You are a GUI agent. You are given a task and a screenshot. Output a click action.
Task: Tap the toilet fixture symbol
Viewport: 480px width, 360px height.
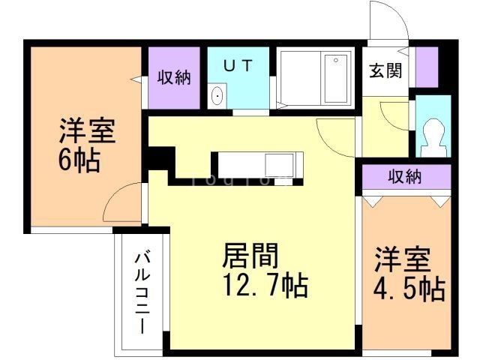[432, 135]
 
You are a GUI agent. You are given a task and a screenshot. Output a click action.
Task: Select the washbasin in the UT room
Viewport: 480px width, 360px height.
[217, 95]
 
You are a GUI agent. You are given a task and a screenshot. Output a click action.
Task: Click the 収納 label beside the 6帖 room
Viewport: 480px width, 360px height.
[174, 77]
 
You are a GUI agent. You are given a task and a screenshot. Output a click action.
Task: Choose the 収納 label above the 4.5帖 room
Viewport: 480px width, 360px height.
[404, 177]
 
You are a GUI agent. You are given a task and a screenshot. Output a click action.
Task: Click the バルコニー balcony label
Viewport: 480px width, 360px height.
[140, 292]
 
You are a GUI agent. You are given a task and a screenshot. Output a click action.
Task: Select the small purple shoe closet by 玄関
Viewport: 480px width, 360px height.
[426, 67]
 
